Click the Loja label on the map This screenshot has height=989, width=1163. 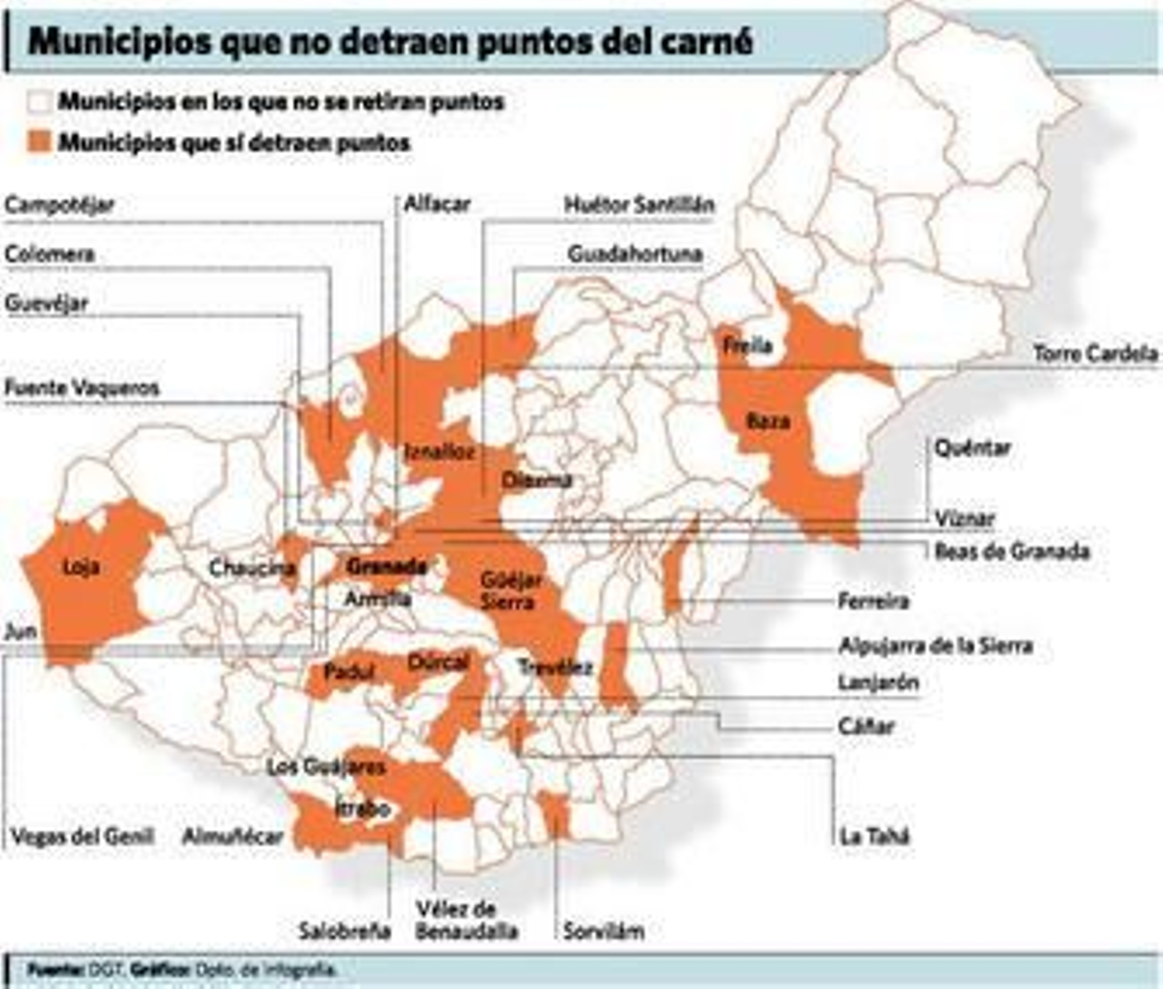(x=81, y=567)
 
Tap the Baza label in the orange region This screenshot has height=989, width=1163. (x=768, y=421)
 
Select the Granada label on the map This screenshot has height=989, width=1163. (x=386, y=566)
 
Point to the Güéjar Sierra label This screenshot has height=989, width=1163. (x=510, y=590)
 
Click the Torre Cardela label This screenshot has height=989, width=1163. (x=1095, y=354)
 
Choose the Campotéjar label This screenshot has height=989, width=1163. (x=59, y=205)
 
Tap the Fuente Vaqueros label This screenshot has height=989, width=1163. (x=81, y=388)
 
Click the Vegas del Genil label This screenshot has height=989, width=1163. (x=82, y=836)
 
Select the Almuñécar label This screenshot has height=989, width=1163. (x=232, y=837)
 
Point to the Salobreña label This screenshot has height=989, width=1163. (x=345, y=931)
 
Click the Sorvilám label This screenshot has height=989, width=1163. (x=603, y=931)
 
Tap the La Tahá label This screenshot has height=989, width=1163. (x=874, y=836)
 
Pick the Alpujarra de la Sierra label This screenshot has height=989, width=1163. (x=935, y=645)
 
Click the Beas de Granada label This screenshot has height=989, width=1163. (x=1012, y=552)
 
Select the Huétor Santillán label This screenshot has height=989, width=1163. (x=639, y=205)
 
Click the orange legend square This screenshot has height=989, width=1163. (x=39, y=141)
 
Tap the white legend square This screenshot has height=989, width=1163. (x=39, y=101)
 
